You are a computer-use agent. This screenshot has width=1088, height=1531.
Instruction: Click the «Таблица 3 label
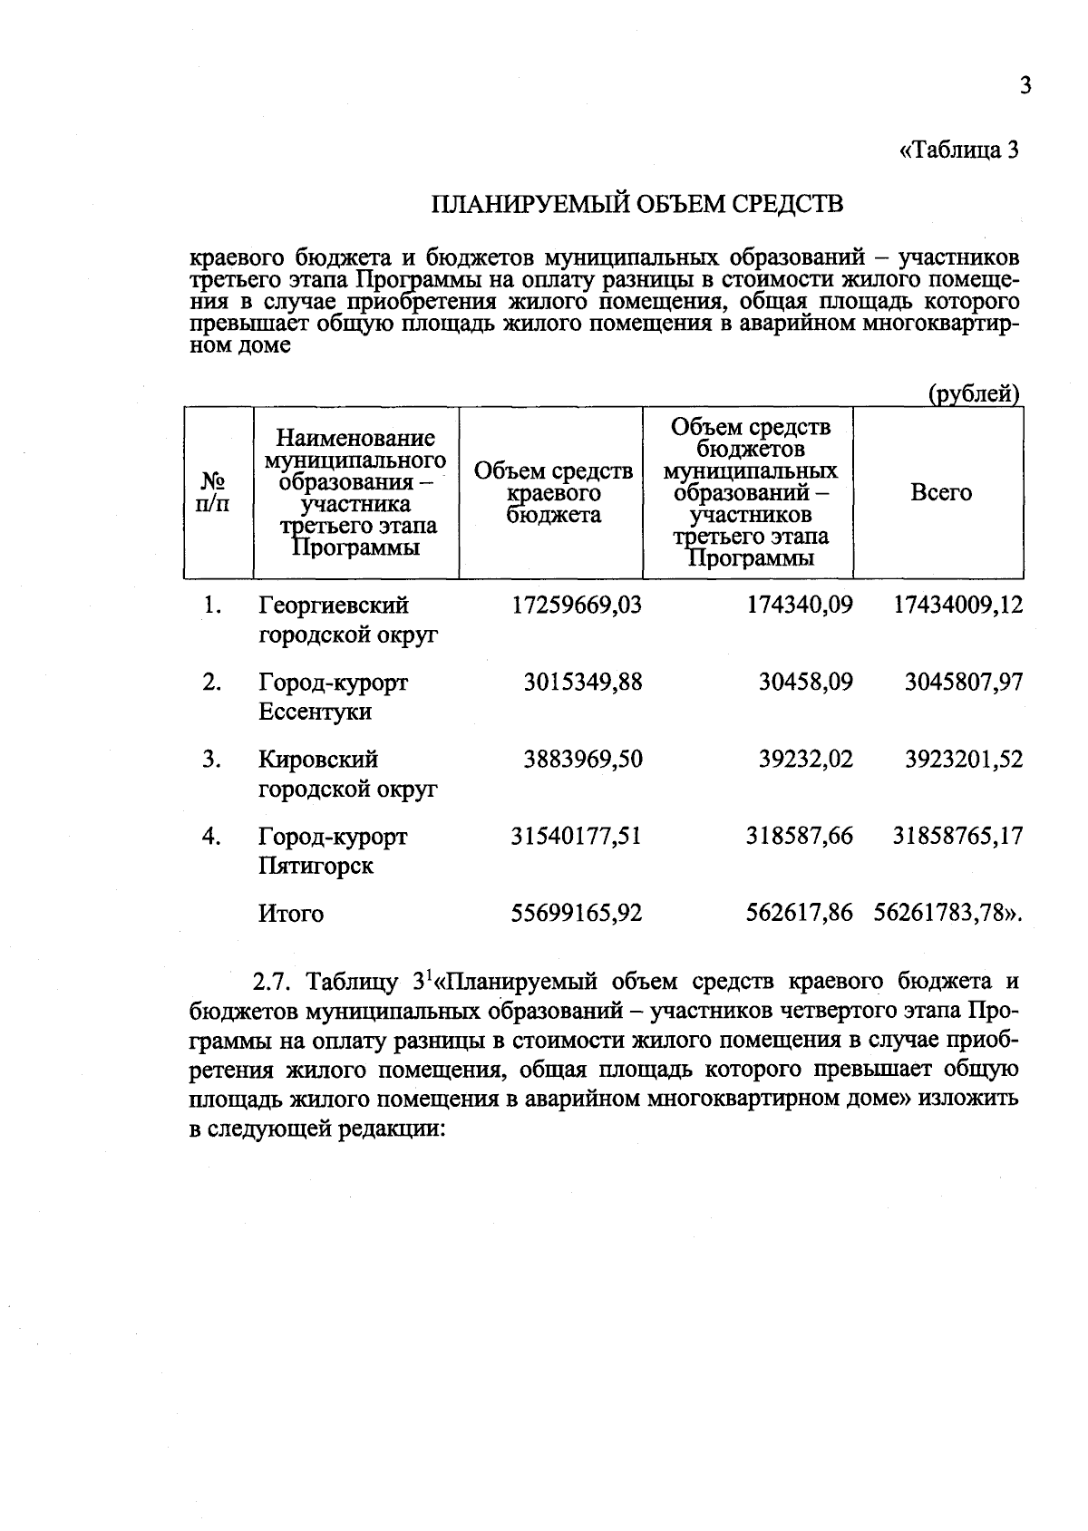tap(959, 150)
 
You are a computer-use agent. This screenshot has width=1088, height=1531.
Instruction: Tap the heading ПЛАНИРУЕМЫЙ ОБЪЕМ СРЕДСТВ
tap(636, 204)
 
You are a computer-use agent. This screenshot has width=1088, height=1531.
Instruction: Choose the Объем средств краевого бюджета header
tap(553, 493)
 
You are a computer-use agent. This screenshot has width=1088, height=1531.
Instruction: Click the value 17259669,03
tap(577, 605)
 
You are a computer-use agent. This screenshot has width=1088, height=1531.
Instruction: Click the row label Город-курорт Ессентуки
tap(333, 696)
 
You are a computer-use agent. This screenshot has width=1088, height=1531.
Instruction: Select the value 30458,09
tap(805, 682)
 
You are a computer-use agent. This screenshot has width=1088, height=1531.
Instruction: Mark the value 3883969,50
tap(583, 759)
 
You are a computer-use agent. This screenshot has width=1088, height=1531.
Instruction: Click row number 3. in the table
tap(212, 759)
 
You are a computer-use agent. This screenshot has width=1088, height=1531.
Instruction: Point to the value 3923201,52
tap(964, 759)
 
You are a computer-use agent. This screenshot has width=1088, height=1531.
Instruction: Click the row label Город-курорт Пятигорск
tap(333, 850)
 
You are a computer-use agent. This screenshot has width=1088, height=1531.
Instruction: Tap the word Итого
tap(291, 914)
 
